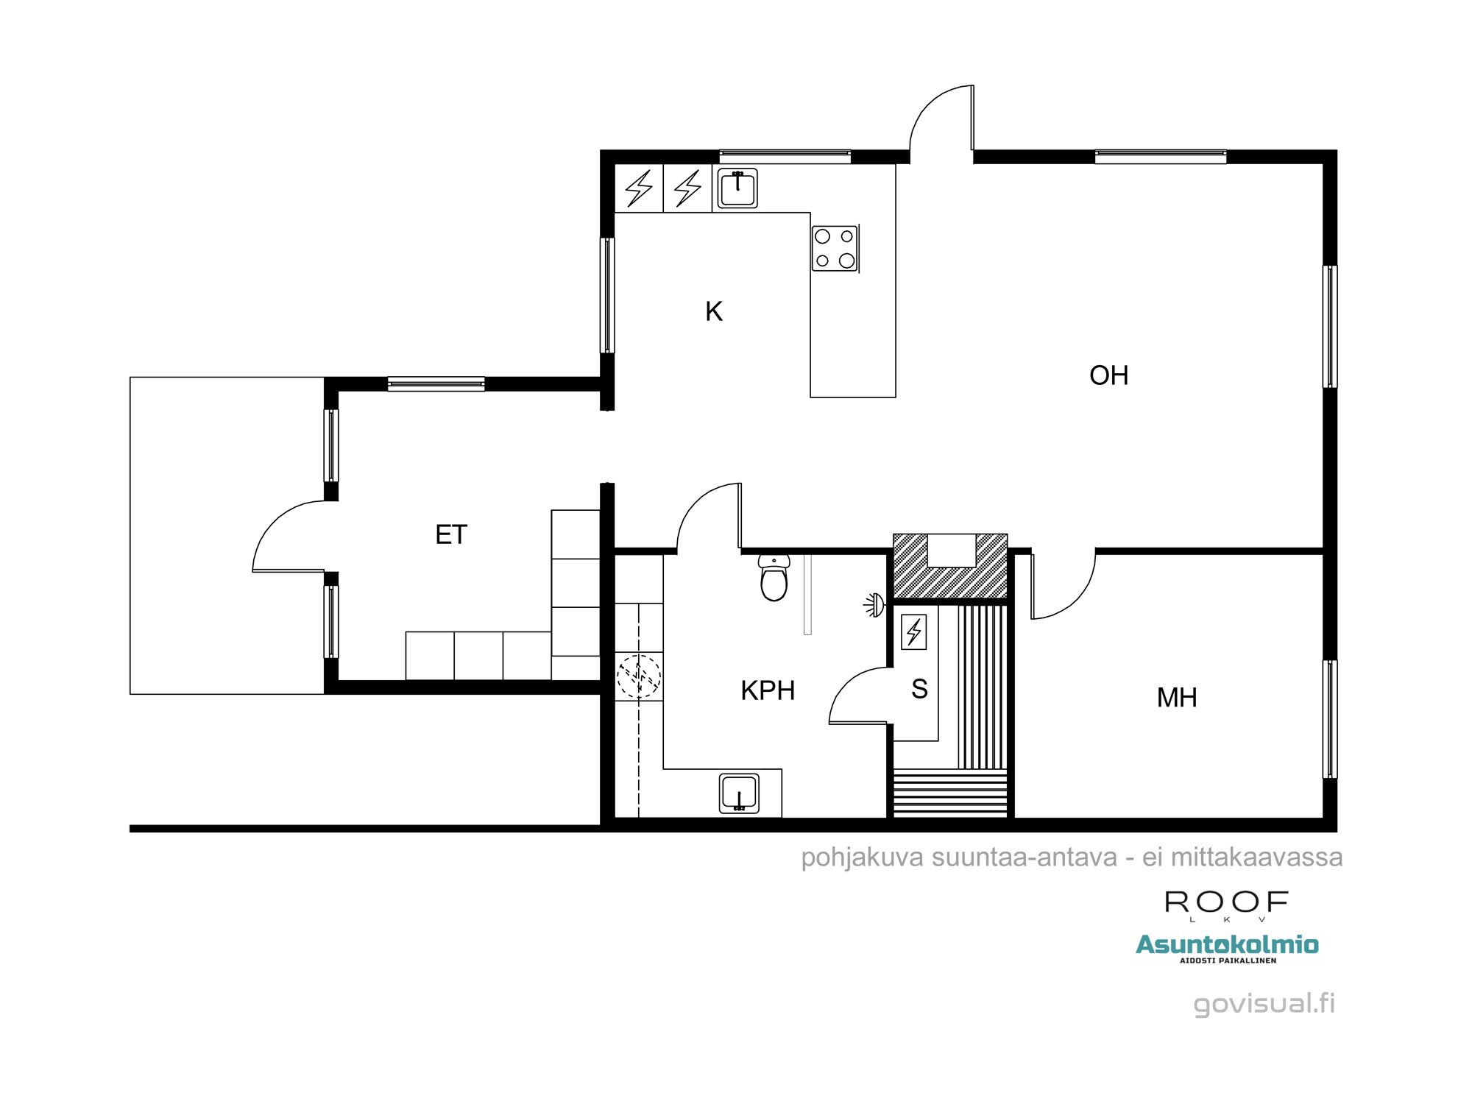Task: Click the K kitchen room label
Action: [x=713, y=311]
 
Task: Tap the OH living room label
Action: [x=1108, y=375]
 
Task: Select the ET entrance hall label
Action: [x=451, y=534]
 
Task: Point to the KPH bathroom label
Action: [x=768, y=690]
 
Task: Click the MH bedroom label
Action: [x=1177, y=697]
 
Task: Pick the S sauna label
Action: [x=919, y=689]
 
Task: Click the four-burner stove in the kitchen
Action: [x=835, y=249]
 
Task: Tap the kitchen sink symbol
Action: [x=737, y=188]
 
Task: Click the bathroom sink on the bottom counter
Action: [x=739, y=793]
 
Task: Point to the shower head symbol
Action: [x=874, y=605]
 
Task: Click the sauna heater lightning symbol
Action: [x=914, y=631]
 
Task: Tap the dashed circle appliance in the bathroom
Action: [x=638, y=676]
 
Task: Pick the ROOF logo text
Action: [x=1226, y=902]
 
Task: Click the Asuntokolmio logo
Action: [x=1227, y=945]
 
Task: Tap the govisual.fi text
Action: [x=1263, y=1003]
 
